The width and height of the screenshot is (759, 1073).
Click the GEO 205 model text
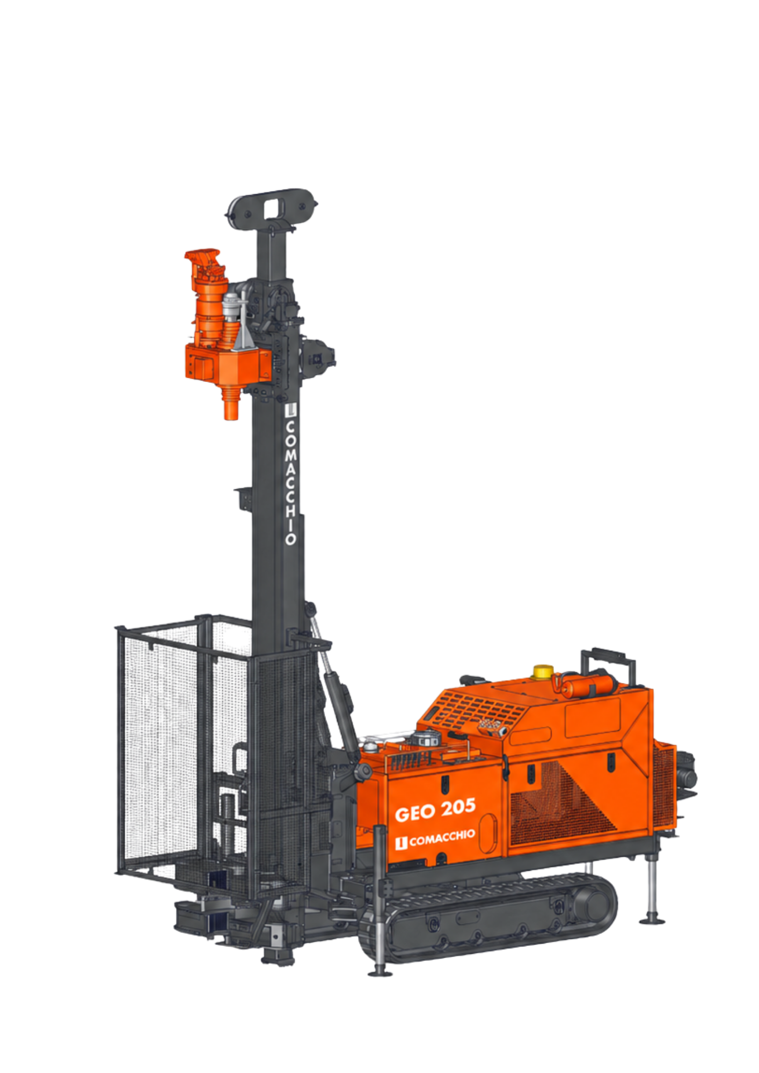pyautogui.click(x=435, y=810)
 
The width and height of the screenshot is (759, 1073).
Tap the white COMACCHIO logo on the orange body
pyautogui.click(x=435, y=839)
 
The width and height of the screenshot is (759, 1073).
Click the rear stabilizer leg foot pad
pyautogui.click(x=652, y=921)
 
